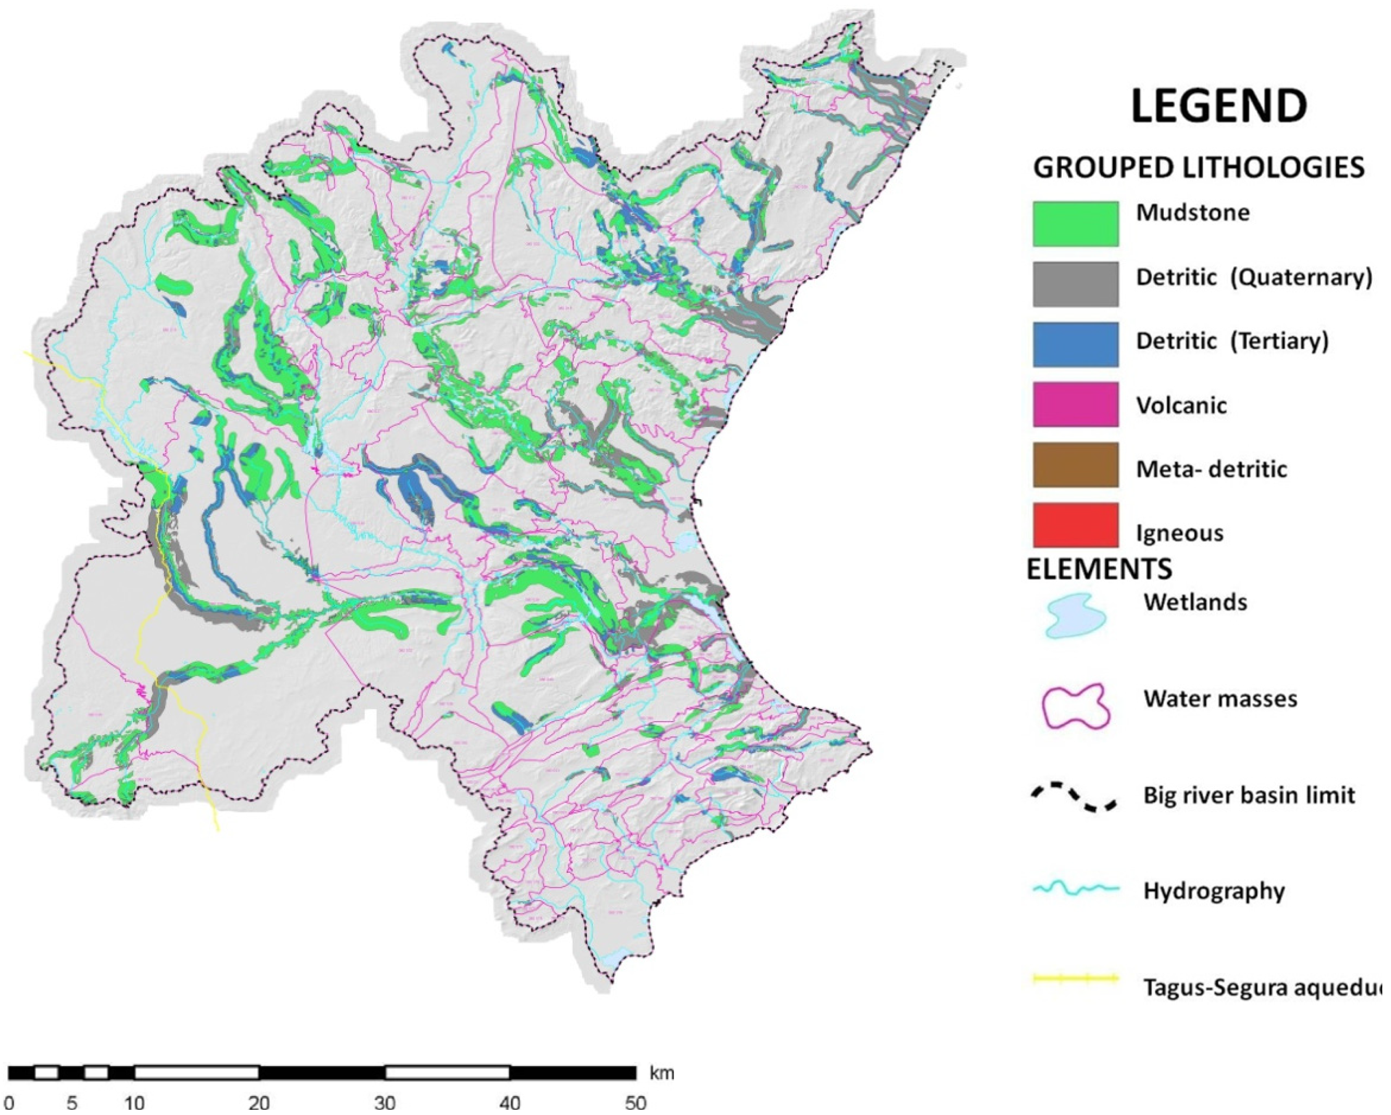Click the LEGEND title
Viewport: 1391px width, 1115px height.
point(1219,107)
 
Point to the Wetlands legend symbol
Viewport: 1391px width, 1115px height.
point(1074,616)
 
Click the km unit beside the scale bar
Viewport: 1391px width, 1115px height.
point(661,1073)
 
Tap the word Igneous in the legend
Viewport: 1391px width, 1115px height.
point(1180,533)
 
